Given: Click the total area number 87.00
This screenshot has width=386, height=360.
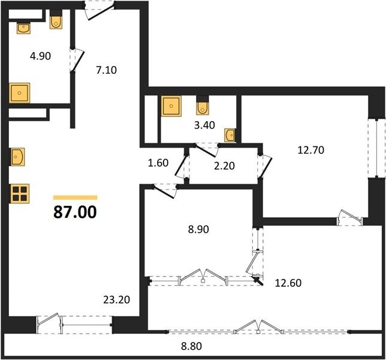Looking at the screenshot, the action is point(75,212).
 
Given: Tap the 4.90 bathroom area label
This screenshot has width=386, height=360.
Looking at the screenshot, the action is point(40,56).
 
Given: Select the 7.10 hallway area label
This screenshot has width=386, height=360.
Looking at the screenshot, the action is point(106,70).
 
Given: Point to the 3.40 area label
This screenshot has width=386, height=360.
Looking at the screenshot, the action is point(204,125).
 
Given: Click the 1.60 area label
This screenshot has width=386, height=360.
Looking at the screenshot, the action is point(158,163).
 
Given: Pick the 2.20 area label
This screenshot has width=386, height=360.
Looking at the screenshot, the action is point(224,166).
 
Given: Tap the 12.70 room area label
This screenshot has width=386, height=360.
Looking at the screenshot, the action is point(311,150).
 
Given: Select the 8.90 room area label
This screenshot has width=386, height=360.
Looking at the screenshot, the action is point(198,229).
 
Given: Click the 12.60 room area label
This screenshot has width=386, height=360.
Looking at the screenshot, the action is point(288,283).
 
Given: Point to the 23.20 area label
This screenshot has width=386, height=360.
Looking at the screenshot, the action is point(117,299).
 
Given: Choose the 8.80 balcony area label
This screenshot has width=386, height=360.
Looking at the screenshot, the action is point(192,346).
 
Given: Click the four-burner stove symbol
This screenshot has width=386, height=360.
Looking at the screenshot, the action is point(20,194).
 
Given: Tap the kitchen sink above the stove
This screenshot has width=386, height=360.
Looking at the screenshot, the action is point(17,157).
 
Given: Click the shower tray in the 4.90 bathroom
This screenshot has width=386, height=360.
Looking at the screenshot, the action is point(19,93).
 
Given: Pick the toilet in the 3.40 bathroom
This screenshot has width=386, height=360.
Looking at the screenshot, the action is point(203,106).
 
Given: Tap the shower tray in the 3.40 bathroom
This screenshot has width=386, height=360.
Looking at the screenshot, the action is point(171,106).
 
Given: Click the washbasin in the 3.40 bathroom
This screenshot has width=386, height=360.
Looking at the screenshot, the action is point(230,135).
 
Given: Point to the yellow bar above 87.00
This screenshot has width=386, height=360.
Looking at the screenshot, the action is point(76,197).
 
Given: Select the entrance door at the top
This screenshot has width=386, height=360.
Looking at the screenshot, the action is point(99,10).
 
